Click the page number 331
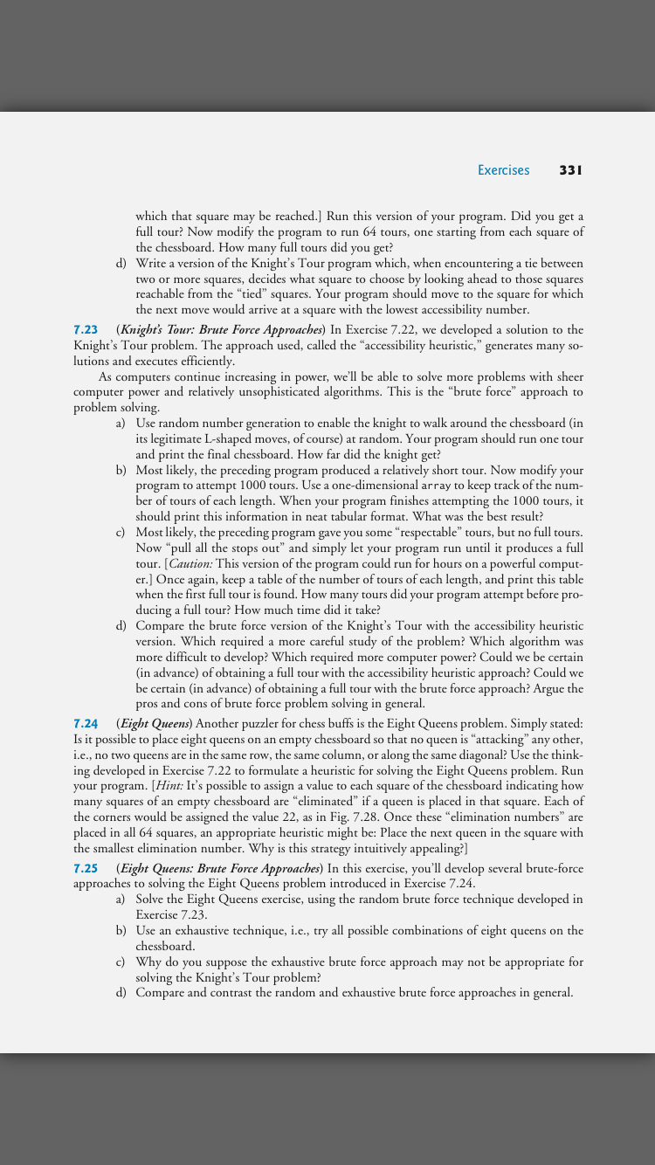[x=570, y=170]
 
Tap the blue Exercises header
[x=503, y=170]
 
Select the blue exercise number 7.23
[x=86, y=329]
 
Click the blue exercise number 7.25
[x=86, y=868]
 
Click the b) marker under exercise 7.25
[x=121, y=931]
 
